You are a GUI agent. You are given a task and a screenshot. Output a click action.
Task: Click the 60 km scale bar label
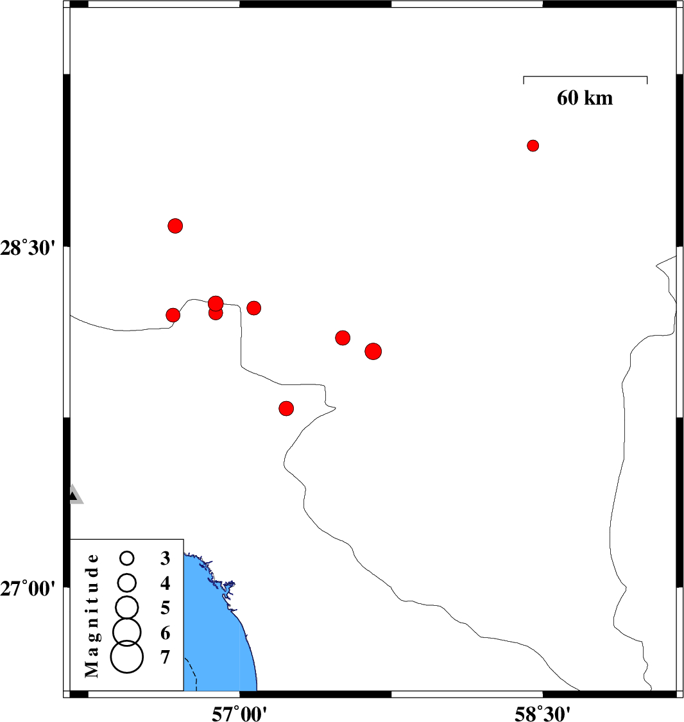pyautogui.click(x=585, y=98)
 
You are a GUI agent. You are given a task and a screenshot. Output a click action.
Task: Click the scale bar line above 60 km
pyautogui.click(x=585, y=76)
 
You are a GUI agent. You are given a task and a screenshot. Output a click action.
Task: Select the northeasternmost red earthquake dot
pyautogui.click(x=533, y=146)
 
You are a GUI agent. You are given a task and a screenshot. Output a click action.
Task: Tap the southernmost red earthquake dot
pyautogui.click(x=286, y=408)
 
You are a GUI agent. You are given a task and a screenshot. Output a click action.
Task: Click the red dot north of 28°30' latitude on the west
pyautogui.click(x=175, y=226)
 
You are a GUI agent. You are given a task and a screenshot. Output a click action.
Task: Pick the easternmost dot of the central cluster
pyautogui.click(x=373, y=351)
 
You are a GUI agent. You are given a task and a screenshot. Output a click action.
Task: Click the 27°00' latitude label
pyautogui.click(x=28, y=589)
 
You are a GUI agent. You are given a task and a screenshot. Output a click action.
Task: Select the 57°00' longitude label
pyautogui.click(x=239, y=714)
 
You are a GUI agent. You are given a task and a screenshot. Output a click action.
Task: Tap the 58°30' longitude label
pyautogui.click(x=542, y=714)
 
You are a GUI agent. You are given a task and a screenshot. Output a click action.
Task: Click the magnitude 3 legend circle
pyautogui.click(x=127, y=558)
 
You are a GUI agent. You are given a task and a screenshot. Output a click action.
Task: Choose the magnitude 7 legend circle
pyautogui.click(x=127, y=657)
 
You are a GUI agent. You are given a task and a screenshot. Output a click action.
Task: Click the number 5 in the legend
pyautogui.click(x=166, y=608)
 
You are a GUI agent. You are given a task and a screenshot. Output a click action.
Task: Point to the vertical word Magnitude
pyautogui.click(x=92, y=615)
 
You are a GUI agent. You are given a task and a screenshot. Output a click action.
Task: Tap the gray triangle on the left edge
pyautogui.click(x=76, y=495)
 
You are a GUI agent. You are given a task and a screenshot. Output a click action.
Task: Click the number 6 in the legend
pyautogui.click(x=166, y=633)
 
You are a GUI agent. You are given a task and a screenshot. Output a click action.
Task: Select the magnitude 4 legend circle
pyautogui.click(x=127, y=583)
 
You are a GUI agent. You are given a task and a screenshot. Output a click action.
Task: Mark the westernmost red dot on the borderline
pyautogui.click(x=173, y=315)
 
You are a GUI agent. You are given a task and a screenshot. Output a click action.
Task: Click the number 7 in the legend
pyautogui.click(x=166, y=657)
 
